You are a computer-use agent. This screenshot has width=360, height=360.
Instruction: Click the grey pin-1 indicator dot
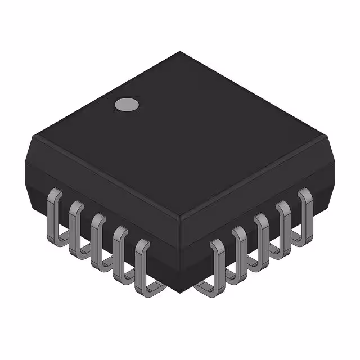(127, 104)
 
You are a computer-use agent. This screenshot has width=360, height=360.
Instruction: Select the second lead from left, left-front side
(75, 225)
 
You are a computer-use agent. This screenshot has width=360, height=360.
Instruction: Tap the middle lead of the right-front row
(262, 236)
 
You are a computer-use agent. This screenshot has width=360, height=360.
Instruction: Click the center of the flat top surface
(180, 135)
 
